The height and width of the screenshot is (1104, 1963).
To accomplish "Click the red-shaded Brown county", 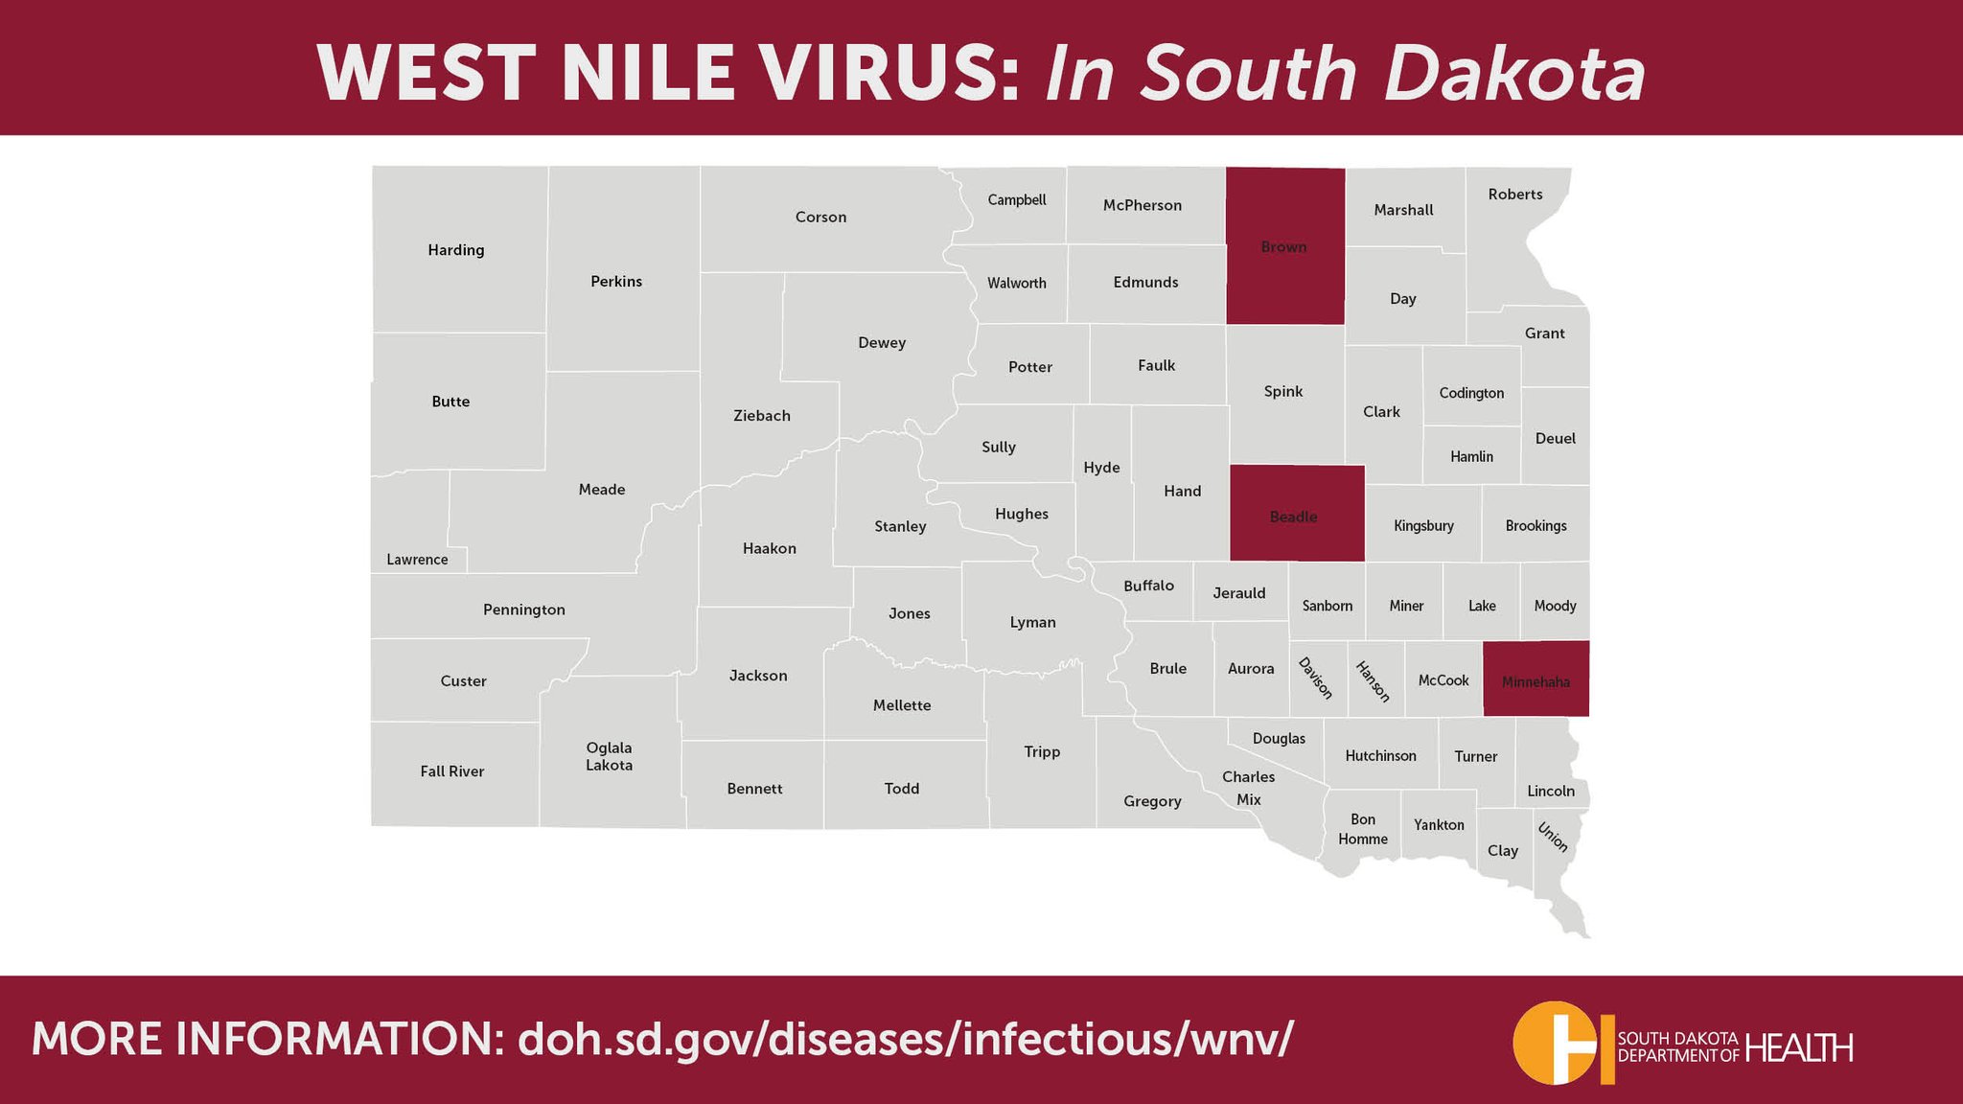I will [x=1284, y=246].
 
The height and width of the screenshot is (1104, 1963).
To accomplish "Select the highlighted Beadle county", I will [x=1294, y=516].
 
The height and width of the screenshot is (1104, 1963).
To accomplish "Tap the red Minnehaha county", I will [x=1536, y=680].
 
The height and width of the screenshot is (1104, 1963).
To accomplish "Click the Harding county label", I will [x=456, y=250].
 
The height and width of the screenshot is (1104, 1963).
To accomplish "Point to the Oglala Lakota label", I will [x=609, y=756].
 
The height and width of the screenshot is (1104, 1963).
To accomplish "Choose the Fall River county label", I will [x=451, y=771].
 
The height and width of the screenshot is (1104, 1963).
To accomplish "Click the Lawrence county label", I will [x=417, y=560].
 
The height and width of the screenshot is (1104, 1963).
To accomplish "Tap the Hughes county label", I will [x=1022, y=514].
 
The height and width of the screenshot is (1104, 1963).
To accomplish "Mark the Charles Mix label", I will [x=1249, y=788].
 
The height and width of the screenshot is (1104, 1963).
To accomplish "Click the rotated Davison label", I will [x=1315, y=678].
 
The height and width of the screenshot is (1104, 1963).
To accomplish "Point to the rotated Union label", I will [x=1553, y=838].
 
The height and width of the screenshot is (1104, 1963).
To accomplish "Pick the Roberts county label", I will [x=1515, y=195].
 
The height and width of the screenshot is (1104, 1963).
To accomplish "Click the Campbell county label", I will [x=1017, y=200].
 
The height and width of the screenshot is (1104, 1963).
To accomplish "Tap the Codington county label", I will [x=1471, y=393].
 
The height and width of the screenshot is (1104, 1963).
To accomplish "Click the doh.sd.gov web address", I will [x=905, y=1039].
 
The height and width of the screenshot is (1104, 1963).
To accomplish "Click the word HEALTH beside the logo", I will [x=1799, y=1047].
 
